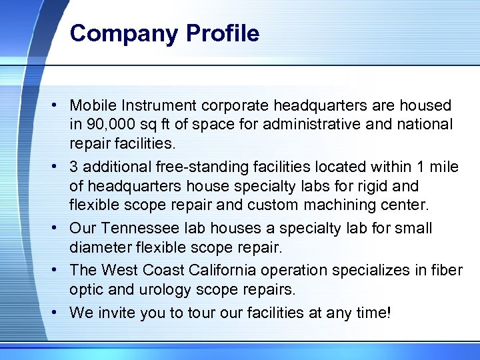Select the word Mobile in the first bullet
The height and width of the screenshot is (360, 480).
click(x=92, y=105)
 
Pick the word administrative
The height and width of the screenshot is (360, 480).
click(x=319, y=124)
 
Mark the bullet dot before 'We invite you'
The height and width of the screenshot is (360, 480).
click(x=59, y=313)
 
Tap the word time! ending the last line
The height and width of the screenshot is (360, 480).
click(x=374, y=312)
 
